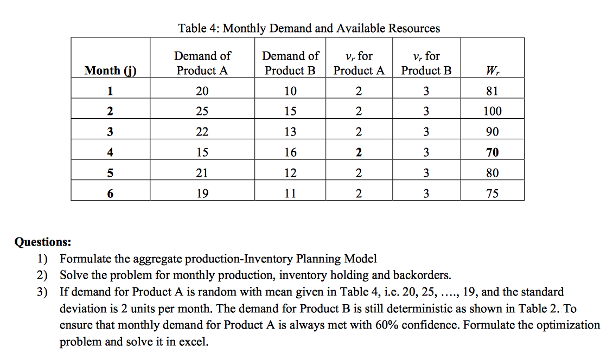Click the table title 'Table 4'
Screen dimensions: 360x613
309,28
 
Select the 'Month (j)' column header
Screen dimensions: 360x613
110,70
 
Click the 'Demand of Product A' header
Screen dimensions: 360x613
202,63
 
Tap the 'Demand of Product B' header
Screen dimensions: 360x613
290,63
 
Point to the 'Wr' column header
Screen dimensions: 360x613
492,70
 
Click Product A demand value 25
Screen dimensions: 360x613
202,111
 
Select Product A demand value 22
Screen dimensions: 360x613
202,132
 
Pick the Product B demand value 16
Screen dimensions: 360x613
290,152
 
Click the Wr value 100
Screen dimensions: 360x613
492,111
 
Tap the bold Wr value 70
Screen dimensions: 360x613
492,152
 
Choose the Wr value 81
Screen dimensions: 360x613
492,91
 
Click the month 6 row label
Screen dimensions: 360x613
110,194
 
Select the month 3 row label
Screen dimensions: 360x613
110,132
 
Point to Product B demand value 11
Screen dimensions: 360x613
290,194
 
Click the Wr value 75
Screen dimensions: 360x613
492,194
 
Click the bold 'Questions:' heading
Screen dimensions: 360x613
42,242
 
